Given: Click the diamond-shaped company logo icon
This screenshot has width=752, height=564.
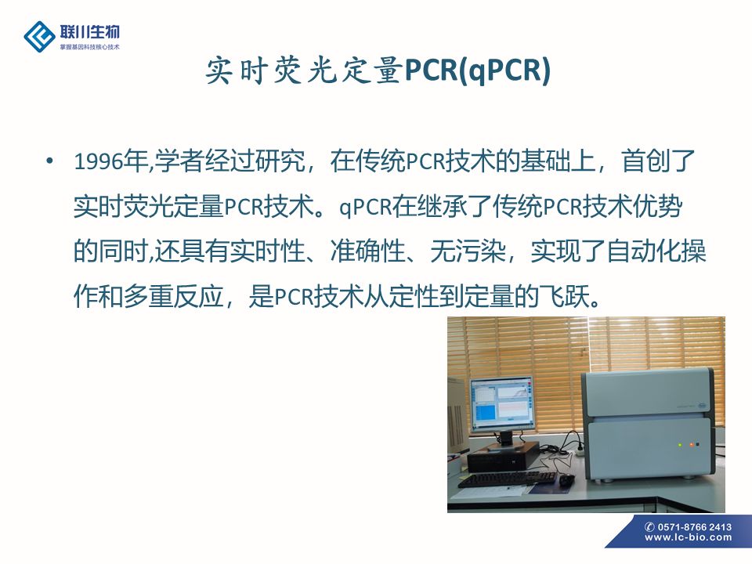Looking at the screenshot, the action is (x=39, y=37).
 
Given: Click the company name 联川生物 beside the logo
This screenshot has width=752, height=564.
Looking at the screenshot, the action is (x=89, y=32).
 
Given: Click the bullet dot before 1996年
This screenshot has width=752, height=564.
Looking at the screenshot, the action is (x=49, y=160).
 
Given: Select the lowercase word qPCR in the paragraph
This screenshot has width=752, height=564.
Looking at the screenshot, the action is (x=366, y=207).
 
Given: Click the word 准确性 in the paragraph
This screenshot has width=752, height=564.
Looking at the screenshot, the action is (x=368, y=251).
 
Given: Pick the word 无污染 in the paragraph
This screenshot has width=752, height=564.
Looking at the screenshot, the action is (x=468, y=251).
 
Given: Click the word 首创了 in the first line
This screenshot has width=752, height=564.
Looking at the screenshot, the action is (x=658, y=161).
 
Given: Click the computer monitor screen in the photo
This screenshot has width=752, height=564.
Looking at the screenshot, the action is (x=501, y=404).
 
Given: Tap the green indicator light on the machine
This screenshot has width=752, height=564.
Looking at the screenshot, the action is (x=680, y=445).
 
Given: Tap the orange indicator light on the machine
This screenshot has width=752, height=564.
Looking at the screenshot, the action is (x=691, y=445).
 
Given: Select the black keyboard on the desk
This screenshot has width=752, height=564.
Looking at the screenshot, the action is (x=506, y=479).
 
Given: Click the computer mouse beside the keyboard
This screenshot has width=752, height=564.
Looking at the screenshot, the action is (x=566, y=479).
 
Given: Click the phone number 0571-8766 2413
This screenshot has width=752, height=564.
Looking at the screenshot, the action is (x=695, y=526).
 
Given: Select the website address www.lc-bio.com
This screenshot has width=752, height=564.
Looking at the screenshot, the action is (x=689, y=537).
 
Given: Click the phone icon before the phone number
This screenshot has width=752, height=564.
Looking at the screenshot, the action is (x=650, y=526).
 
